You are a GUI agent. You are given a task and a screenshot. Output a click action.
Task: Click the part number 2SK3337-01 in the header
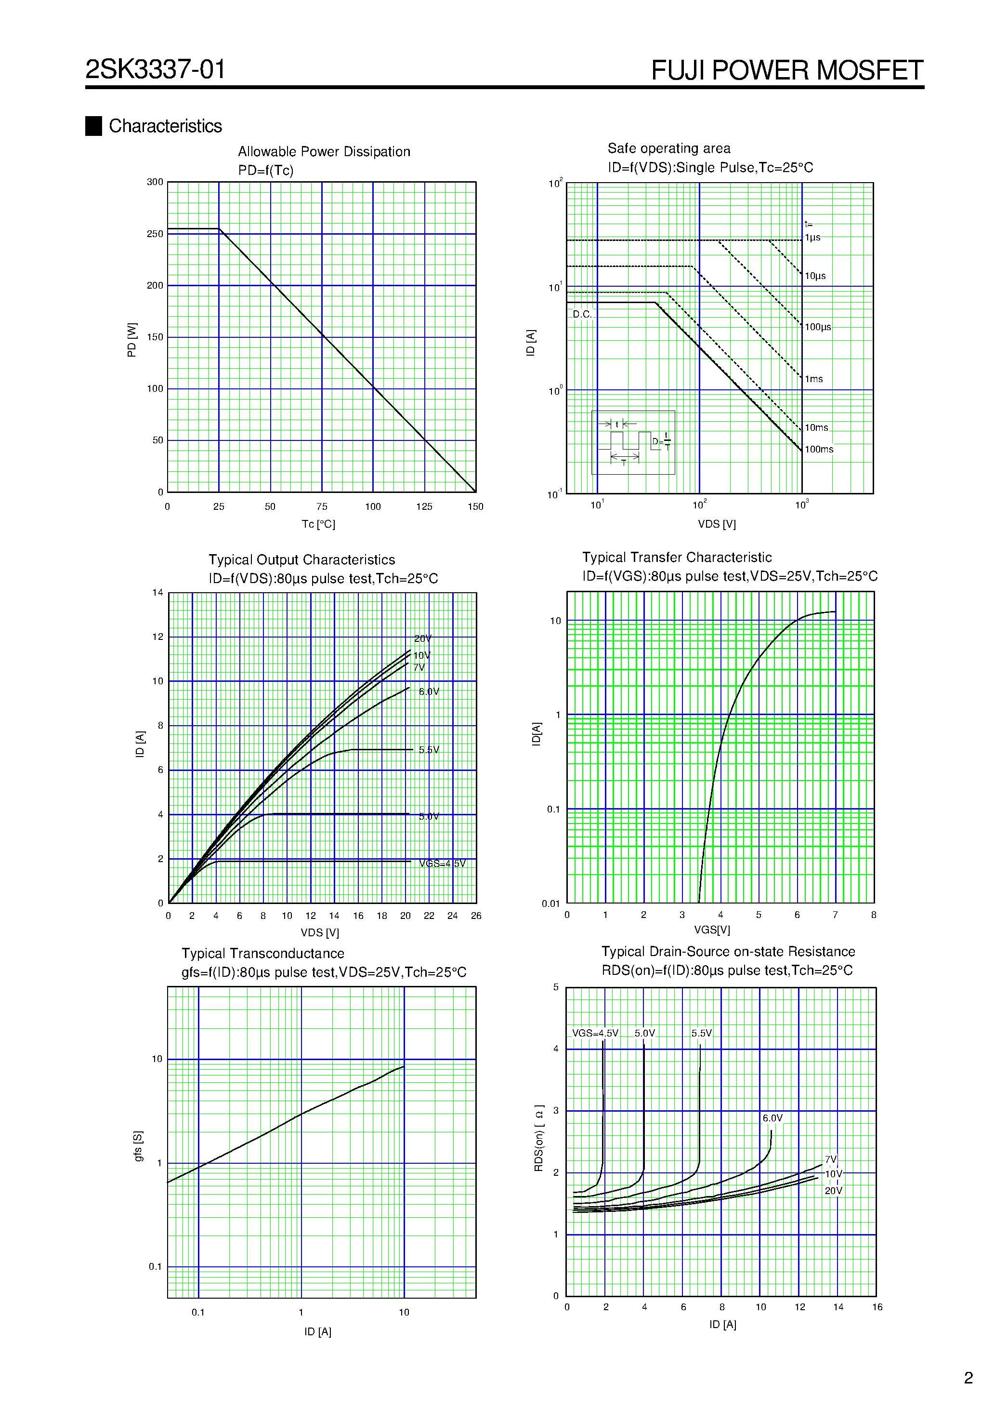click(x=155, y=69)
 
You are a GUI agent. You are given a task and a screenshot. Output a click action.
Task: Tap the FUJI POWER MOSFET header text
click(x=786, y=70)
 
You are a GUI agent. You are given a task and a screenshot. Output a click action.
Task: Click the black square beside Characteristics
click(x=93, y=126)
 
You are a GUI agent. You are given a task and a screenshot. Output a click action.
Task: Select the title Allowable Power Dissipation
click(x=324, y=152)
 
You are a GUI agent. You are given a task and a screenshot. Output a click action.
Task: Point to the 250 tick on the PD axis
click(x=155, y=234)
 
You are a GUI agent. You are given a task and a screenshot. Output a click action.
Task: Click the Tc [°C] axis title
click(x=318, y=524)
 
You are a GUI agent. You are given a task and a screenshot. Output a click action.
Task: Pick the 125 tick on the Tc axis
click(x=424, y=507)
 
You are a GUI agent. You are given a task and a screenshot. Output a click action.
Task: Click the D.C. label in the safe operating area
click(x=582, y=314)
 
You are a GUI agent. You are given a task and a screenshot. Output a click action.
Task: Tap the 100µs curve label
click(x=818, y=327)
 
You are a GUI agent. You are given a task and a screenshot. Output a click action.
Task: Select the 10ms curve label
click(x=816, y=428)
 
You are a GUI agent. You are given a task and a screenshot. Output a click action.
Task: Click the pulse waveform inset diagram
click(x=632, y=442)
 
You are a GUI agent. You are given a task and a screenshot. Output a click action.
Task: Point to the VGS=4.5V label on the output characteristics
click(x=442, y=864)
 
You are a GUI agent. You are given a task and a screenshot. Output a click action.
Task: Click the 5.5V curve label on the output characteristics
click(x=429, y=750)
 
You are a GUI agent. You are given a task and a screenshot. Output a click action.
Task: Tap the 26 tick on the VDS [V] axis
click(x=476, y=916)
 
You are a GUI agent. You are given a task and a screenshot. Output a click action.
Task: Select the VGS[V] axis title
click(x=712, y=930)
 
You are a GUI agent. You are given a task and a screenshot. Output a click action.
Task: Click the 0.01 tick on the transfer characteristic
click(x=551, y=904)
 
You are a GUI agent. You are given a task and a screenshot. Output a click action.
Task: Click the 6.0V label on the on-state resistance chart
click(x=772, y=1118)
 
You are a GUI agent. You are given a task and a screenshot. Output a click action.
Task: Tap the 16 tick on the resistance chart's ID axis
click(x=877, y=1307)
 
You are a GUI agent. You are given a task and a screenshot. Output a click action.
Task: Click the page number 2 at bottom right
click(x=969, y=1378)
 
